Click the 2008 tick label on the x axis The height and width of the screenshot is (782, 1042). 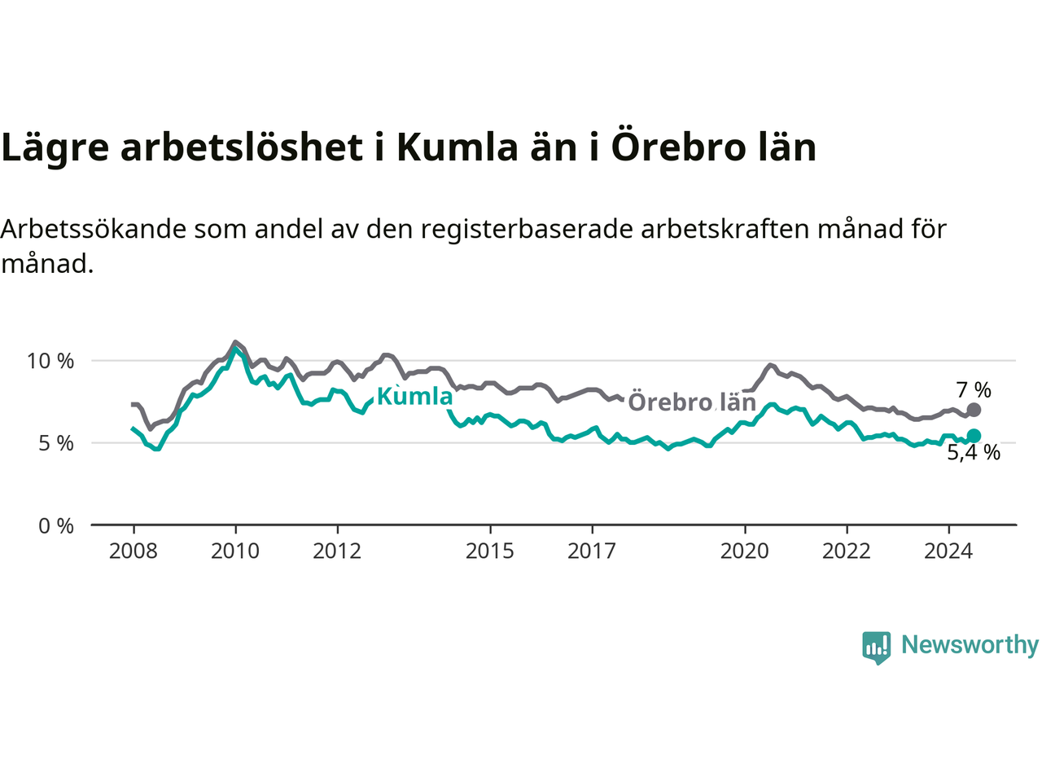133,551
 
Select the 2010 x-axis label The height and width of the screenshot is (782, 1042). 235,551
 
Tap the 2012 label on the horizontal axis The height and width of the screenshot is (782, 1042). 337,551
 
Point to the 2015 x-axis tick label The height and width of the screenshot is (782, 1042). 490,551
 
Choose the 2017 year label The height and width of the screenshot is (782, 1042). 592,551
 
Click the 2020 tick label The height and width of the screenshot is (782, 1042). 744,551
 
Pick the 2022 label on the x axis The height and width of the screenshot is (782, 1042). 847,551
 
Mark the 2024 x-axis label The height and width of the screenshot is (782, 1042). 948,551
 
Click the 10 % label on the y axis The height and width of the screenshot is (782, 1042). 50,362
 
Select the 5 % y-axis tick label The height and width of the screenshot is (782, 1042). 56,443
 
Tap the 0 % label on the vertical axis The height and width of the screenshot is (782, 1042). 56,526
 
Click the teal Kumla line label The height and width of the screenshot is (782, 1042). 415,397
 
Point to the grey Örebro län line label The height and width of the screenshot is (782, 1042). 692,402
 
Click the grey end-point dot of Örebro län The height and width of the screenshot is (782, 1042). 974,409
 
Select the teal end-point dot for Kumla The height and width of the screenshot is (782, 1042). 974,435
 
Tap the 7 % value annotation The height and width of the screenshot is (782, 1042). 974,390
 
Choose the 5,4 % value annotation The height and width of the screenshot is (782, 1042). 974,452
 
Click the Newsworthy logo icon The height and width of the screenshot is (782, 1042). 876,648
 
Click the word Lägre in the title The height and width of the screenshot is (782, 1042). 55,147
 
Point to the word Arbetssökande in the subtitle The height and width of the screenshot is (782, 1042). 94,229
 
